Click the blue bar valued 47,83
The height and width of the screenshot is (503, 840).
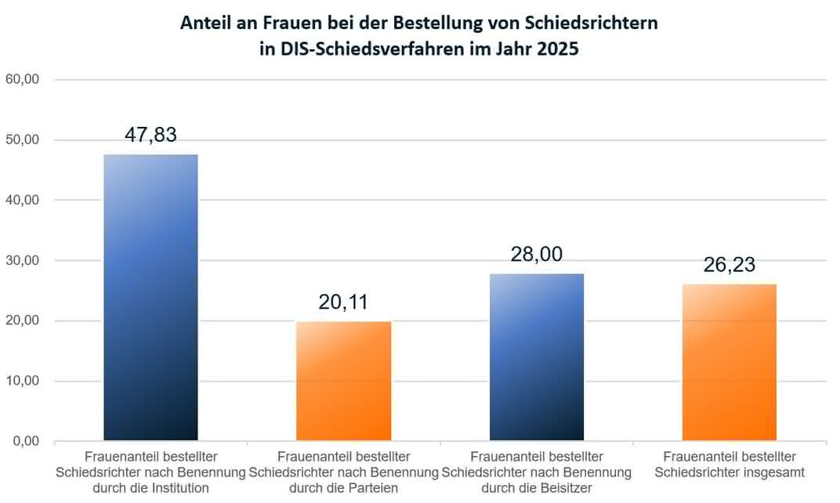point(150,298)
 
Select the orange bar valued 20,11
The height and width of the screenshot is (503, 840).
point(343,381)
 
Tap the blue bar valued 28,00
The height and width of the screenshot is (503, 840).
point(537,356)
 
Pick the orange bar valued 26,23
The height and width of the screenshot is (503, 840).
point(730,362)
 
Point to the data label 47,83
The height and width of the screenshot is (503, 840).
point(150,134)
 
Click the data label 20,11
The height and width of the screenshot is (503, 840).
point(344,302)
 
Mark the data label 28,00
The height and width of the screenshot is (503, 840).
point(537,254)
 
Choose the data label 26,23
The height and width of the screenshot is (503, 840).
point(730,264)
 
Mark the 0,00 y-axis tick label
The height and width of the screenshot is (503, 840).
point(25,441)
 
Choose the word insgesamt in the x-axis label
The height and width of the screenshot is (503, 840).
point(770,472)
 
